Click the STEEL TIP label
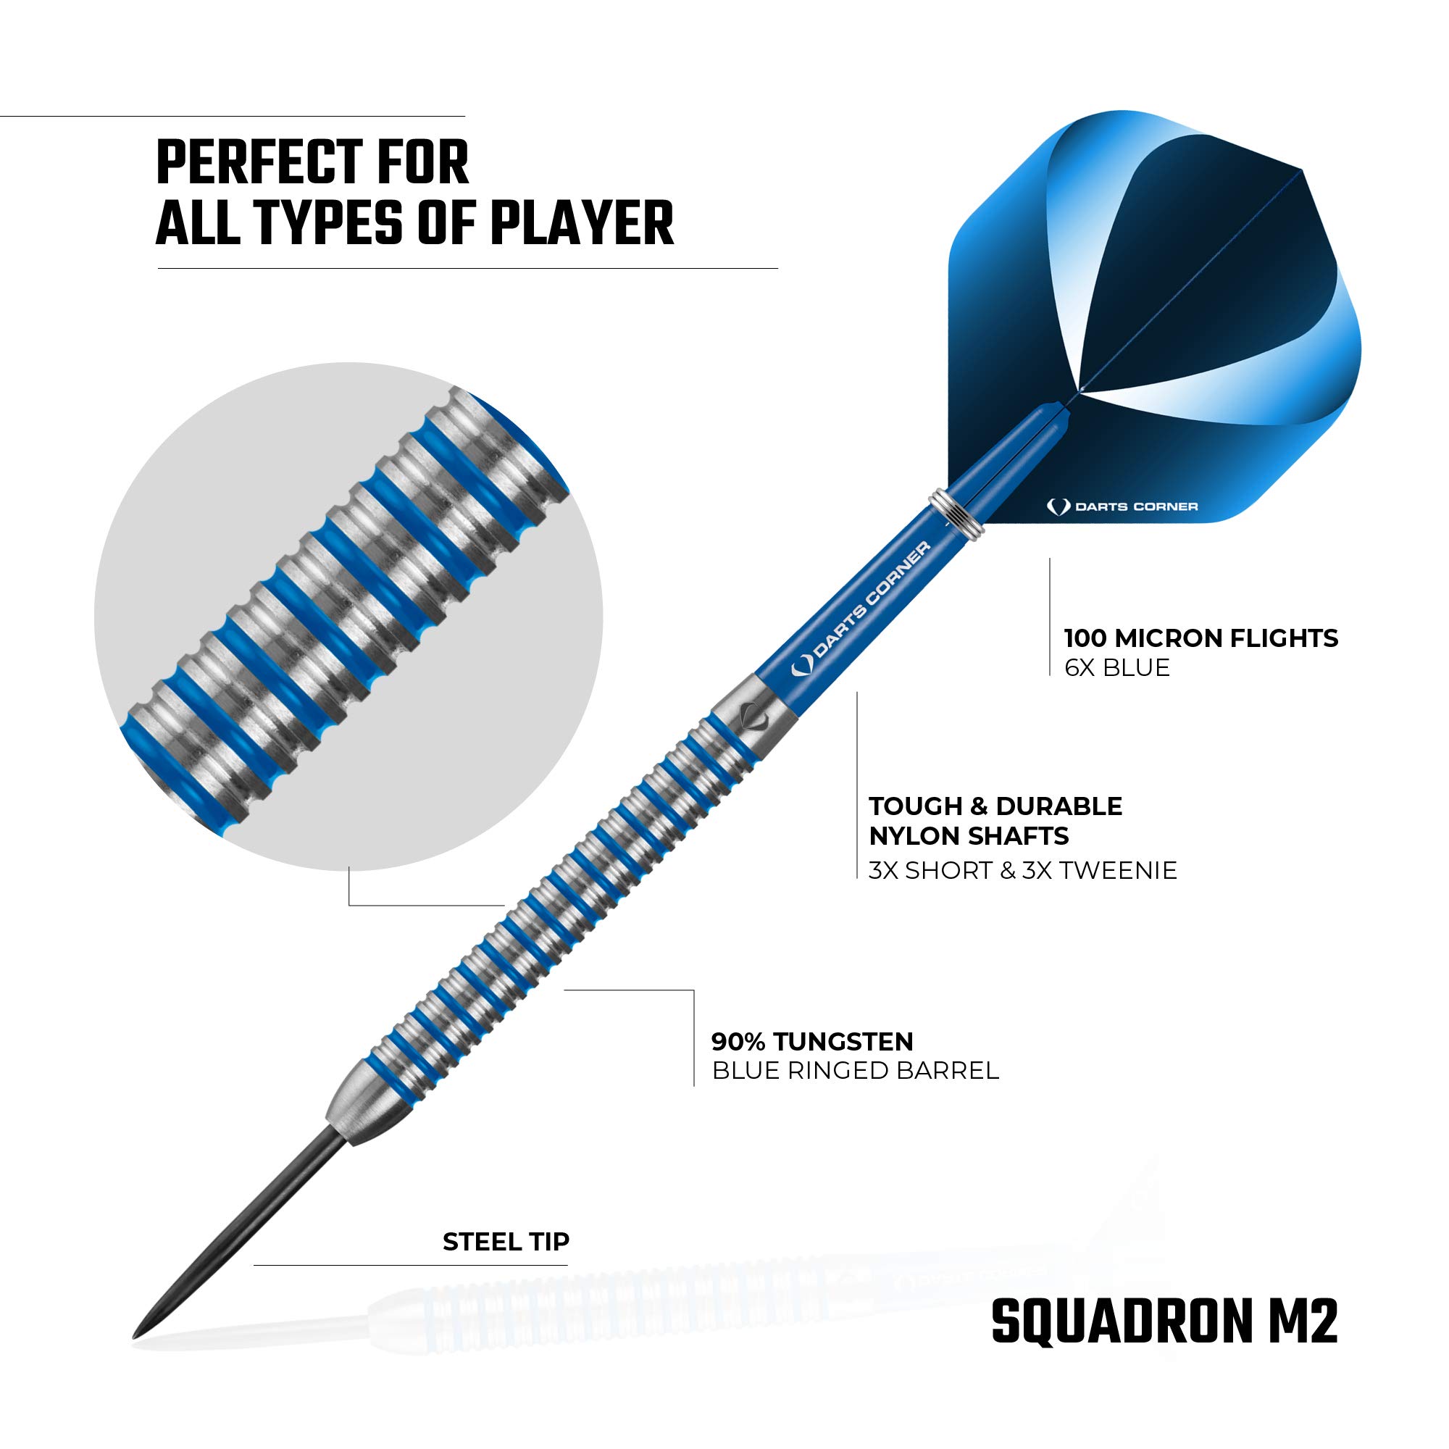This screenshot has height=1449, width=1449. point(506,1242)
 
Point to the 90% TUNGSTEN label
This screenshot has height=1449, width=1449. point(813,1042)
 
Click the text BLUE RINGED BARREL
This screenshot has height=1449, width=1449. point(856,1071)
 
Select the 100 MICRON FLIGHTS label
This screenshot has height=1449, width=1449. point(1201,638)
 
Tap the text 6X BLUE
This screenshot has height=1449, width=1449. point(1117,667)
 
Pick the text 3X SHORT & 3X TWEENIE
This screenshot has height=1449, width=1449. point(1023,870)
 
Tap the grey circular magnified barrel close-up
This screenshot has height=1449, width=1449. point(348,617)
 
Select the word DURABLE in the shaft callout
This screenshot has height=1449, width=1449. point(1059,806)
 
